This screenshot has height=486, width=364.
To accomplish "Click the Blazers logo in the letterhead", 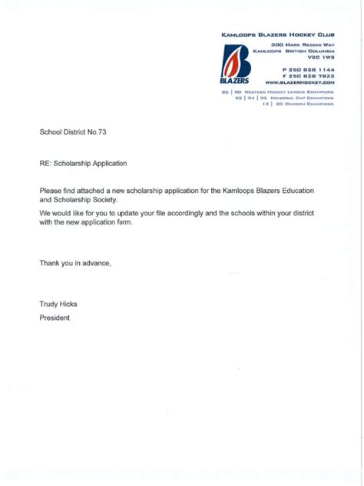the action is point(234,65).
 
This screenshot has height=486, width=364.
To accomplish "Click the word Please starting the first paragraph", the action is point(52,189).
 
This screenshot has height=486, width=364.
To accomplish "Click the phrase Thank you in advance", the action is point(75,263).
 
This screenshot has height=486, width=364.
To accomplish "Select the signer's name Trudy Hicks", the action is point(58,304).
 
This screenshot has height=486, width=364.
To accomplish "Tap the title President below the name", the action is point(55,318).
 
